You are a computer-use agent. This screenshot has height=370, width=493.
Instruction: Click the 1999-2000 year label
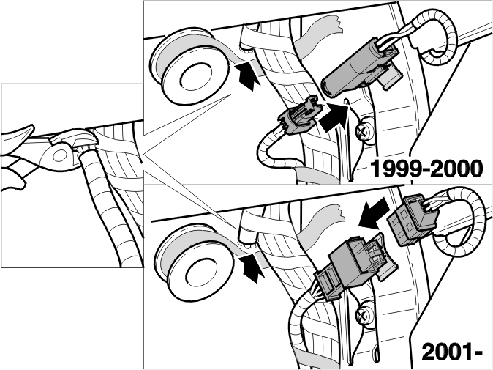click(426, 169)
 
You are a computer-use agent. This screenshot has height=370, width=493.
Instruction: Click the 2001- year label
click(452, 352)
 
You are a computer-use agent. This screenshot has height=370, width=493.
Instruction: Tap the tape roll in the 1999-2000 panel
click(189, 65)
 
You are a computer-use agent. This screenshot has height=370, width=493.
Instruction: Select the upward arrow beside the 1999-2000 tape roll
click(249, 76)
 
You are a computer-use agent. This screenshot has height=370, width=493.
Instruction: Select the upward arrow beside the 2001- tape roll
click(252, 268)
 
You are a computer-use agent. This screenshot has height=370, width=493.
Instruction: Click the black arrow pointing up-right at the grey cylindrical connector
click(334, 116)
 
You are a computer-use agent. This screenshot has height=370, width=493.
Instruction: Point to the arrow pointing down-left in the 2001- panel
click(374, 213)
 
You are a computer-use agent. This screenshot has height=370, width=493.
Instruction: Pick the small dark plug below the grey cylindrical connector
click(301, 116)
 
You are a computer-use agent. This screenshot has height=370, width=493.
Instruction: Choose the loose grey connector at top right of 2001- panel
click(412, 220)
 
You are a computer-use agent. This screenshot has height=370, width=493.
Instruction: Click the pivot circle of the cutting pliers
click(59, 155)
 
